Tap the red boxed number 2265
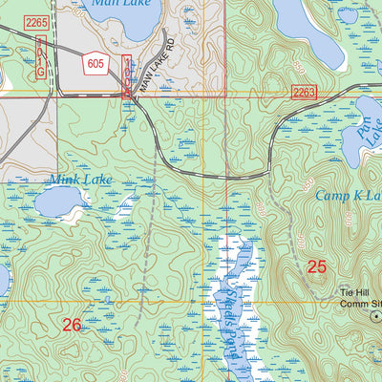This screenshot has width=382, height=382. [x=37, y=21]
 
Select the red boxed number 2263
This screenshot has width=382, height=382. [x=303, y=92]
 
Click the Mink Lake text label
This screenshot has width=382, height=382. [x=81, y=179]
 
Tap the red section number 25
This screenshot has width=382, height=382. [x=317, y=267]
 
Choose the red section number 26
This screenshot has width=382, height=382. [x=72, y=326]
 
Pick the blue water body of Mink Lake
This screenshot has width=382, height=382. [x=60, y=201]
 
